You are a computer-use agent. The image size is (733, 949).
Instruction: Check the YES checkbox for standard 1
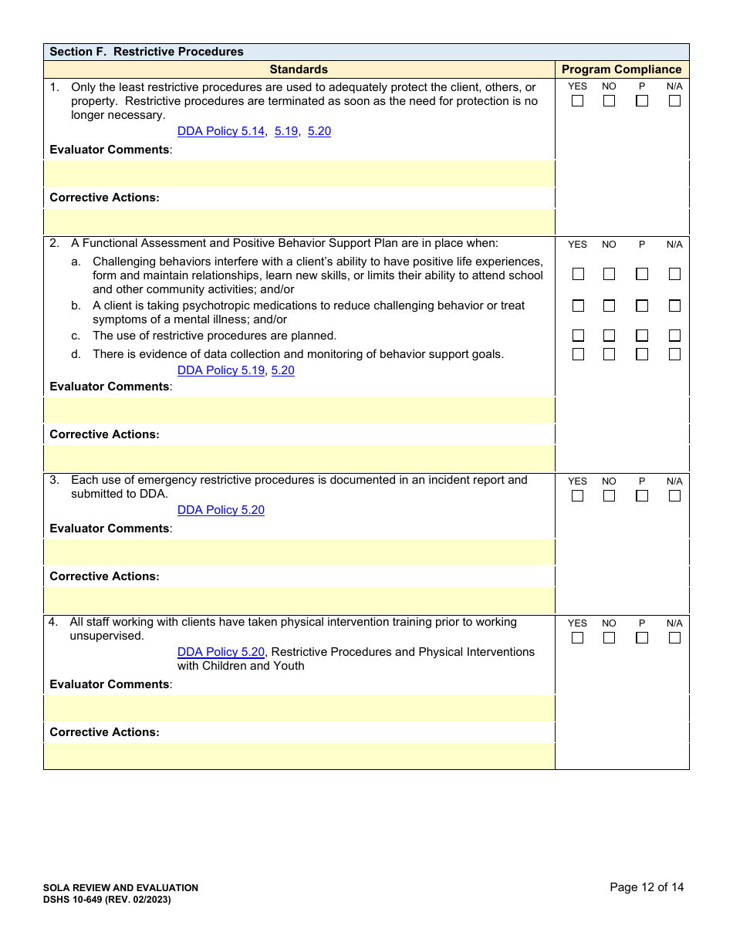pos(577,101)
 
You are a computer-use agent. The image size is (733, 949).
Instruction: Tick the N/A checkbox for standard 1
pos(674,101)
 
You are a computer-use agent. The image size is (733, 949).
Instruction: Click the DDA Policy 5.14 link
pos(221,131)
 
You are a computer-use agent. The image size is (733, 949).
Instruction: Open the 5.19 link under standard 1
pos(286,131)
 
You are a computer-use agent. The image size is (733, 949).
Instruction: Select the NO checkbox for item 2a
pos(609,274)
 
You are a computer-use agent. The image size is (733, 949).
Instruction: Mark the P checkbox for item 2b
pos(642,306)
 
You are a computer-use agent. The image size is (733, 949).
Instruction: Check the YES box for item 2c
pos(577,336)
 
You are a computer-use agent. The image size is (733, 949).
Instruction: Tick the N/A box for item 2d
pos(674,354)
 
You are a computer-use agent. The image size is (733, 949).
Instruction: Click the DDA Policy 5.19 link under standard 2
pos(221,370)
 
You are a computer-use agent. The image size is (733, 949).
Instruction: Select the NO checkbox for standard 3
pos(609,496)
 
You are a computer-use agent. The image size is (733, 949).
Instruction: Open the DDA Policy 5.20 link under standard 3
pos(221,510)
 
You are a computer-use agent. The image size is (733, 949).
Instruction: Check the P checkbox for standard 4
pos(642,638)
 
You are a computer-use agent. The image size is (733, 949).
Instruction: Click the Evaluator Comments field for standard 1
pos(299,174)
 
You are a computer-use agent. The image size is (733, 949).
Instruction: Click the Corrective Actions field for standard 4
pos(299,756)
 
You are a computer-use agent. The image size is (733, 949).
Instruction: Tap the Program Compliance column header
pos(621,69)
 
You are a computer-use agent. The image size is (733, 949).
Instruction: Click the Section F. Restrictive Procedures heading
pos(147,52)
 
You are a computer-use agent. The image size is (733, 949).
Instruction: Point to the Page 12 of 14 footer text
pos(647,887)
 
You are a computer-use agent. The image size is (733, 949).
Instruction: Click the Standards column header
pos(299,69)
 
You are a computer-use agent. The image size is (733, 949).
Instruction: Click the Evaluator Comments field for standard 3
pos(299,552)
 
